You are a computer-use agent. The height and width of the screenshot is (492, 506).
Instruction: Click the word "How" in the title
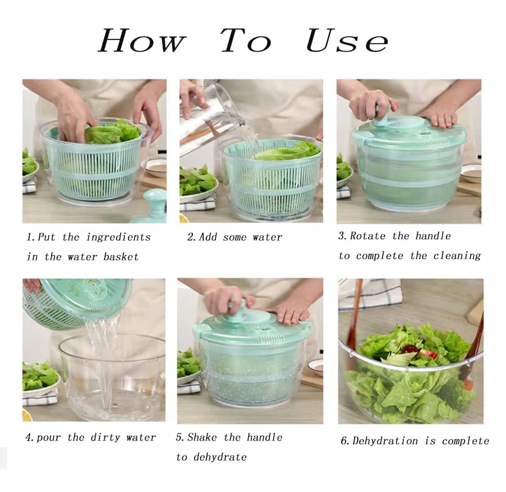click(142, 40)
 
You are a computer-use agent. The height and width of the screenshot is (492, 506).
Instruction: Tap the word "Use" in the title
click(347, 40)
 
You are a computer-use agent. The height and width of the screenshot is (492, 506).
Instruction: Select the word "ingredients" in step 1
click(119, 237)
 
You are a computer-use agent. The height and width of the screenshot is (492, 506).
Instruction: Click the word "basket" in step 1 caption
click(121, 257)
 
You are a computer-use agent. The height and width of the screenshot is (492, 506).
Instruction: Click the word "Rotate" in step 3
click(368, 236)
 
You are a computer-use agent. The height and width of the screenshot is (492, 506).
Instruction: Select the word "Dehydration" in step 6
click(385, 441)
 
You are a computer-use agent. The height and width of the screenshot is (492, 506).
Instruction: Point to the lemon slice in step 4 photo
click(28, 415)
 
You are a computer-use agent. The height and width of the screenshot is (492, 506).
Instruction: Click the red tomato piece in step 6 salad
click(428, 354)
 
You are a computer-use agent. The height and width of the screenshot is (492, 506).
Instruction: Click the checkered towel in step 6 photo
click(371, 295)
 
